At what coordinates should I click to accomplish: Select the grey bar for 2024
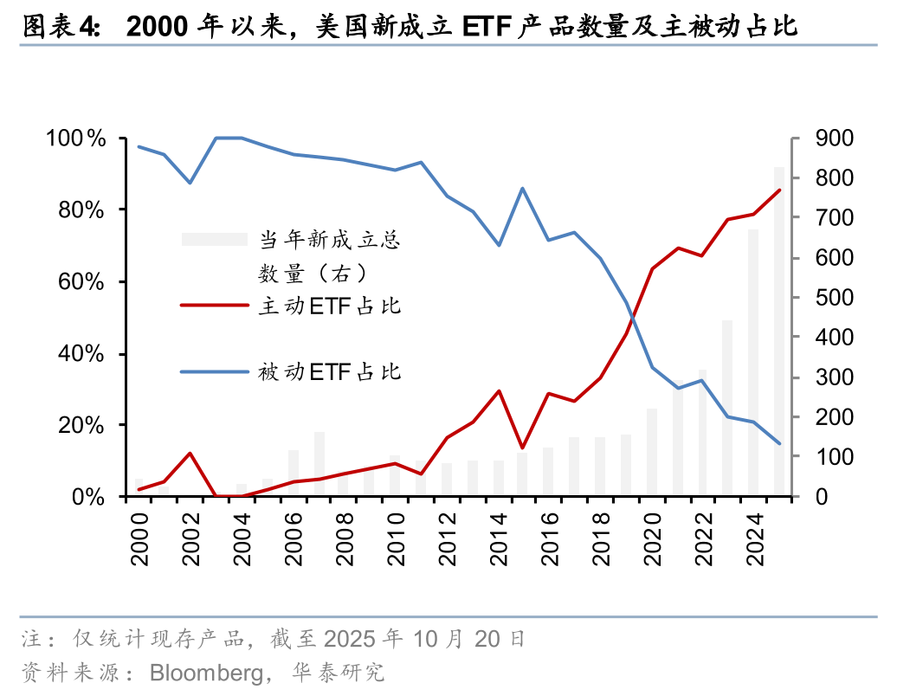753,364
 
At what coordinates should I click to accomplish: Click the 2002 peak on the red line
190,453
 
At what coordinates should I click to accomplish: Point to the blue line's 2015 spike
523,188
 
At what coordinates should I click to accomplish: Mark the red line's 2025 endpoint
779,190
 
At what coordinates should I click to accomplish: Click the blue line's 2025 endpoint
779,443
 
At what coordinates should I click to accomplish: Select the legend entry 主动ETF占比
330,306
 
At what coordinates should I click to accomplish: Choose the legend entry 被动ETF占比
330,372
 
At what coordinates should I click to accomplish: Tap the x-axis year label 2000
139,541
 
